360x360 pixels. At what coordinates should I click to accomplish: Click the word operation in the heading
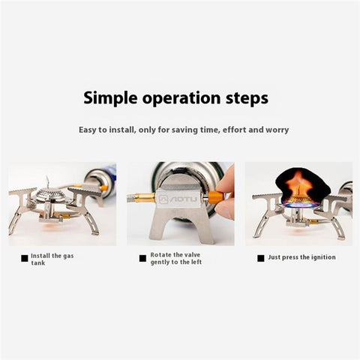click(x=179, y=98)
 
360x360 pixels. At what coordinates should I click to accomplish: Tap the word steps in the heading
click(x=245, y=98)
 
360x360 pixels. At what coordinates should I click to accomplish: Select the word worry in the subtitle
click(x=274, y=130)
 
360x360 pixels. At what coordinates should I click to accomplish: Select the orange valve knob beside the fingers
click(x=214, y=199)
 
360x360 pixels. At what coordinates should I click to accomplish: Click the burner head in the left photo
click(x=52, y=197)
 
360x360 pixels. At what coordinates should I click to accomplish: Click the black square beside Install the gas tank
click(x=25, y=258)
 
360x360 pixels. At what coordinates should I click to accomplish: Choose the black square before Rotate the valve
click(x=142, y=258)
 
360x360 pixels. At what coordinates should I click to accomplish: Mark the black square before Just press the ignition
click(x=260, y=258)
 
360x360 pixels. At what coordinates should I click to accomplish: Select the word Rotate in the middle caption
click(x=161, y=254)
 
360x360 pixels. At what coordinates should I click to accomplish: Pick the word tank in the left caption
click(x=38, y=263)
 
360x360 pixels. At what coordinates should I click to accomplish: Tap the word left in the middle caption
click(x=194, y=262)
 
